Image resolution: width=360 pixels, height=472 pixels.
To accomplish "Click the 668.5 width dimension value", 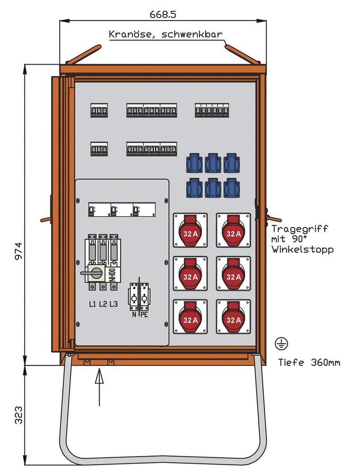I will [163, 14].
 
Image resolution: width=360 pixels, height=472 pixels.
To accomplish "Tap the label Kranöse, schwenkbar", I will [165, 34].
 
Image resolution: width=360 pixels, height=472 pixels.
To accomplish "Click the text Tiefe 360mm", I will [309, 362].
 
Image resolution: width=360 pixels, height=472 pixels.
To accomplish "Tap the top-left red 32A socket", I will [190, 230].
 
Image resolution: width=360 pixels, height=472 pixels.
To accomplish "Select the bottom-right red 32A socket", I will [233, 317].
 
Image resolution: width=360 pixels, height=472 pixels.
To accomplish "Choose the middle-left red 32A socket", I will [190, 274].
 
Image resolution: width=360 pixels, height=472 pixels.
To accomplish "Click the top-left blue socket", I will [195, 163].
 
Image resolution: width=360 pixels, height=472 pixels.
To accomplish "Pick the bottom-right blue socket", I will [231, 188].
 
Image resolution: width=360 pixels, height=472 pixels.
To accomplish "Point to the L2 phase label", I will [103, 304].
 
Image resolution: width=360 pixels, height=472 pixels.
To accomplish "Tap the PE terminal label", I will [144, 313].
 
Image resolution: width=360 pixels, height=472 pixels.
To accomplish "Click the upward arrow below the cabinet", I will [99, 387].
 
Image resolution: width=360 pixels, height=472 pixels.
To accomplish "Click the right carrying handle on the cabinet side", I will [272, 218].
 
